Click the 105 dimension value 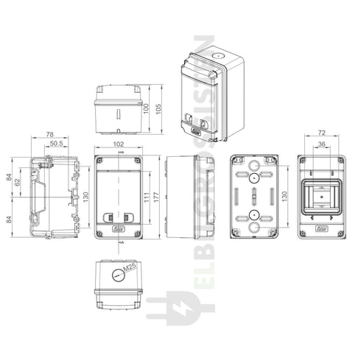click(x=157, y=108)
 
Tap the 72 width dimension click(x=320, y=134)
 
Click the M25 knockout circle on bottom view click(x=116, y=277)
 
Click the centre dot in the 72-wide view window click(x=321, y=197)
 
